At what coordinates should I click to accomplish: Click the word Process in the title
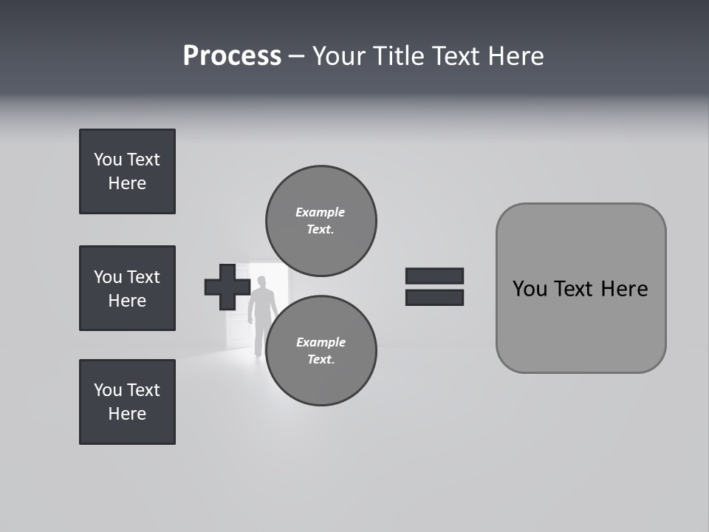point(232,56)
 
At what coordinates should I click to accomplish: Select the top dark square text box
point(127,171)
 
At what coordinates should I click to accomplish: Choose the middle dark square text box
point(127,288)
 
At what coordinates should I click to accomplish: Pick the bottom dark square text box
point(127,402)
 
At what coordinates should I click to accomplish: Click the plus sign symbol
point(227,287)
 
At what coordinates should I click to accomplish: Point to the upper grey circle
point(321,221)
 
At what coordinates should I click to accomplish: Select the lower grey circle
point(321,351)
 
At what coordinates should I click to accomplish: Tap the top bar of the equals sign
point(434,276)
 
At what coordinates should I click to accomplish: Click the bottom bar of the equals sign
point(434,297)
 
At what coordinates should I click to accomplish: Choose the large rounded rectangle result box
point(580,288)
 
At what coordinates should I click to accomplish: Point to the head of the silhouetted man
point(261,282)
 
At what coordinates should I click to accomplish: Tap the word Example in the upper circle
point(320,212)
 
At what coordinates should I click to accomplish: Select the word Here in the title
point(517,56)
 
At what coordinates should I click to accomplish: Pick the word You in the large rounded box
point(530,289)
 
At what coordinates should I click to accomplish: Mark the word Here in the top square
point(127,183)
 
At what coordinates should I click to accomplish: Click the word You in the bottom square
point(108,390)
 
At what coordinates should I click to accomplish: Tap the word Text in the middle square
point(143,277)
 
